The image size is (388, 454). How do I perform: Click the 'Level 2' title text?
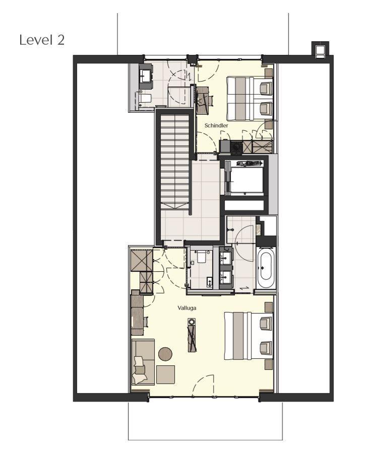pos(42,40)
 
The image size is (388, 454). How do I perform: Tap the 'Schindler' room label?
pos(216,125)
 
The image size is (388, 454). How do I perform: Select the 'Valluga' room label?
pos(187,308)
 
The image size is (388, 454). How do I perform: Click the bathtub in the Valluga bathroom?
pos(266,267)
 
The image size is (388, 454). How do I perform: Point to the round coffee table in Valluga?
pos(165,354)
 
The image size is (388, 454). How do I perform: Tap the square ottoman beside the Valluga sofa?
pos(165,374)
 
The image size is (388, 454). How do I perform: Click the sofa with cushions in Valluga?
pos(143,362)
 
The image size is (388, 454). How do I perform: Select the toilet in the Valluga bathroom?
pos(202,257)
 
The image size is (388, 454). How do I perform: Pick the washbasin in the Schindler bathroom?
pos(145,77)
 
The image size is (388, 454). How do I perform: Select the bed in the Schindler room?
pos(250,99)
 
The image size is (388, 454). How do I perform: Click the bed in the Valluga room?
pos(248,335)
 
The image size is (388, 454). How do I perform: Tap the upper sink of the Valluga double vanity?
pos(225,257)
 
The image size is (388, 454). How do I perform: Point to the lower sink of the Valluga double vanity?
pos(225,277)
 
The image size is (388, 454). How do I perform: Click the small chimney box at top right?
pos(320,50)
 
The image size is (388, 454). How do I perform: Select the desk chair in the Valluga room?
pos(146,322)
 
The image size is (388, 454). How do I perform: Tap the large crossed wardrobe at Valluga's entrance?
pos(142,260)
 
